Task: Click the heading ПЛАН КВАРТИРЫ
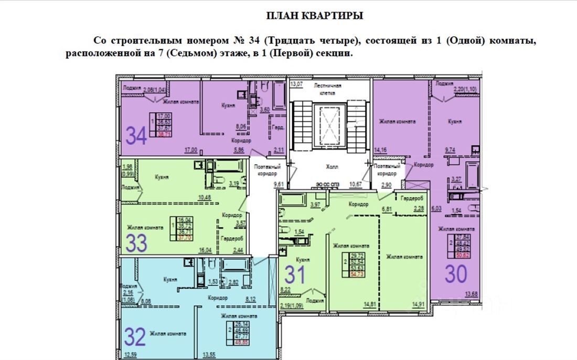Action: click(315, 16)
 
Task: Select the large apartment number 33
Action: click(136, 243)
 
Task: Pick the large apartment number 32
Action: click(135, 336)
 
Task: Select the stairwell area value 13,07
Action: click(297, 84)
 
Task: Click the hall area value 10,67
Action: click(356, 184)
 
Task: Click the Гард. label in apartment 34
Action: click(277, 128)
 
